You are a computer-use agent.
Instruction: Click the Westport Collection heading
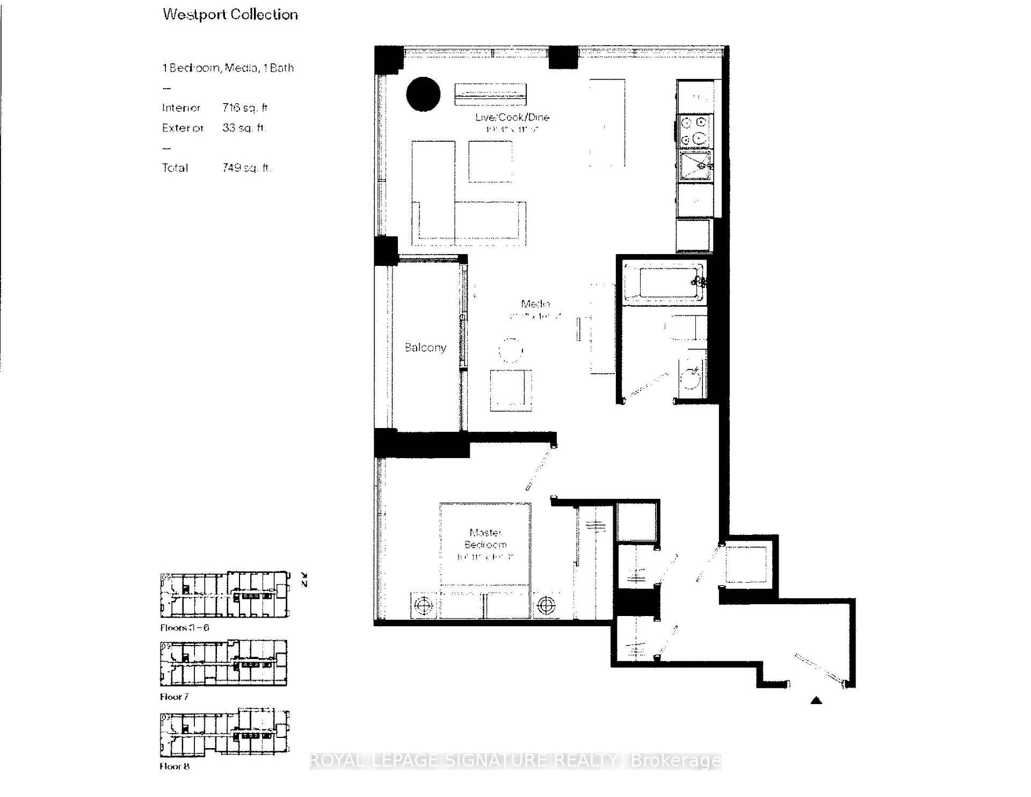pyautogui.click(x=230, y=15)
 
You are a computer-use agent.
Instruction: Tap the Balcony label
pyautogui.click(x=425, y=347)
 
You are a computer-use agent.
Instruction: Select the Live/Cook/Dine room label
pyautogui.click(x=512, y=117)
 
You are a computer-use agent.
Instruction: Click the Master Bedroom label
pyautogui.click(x=485, y=538)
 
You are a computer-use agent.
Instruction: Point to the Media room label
pyautogui.click(x=535, y=303)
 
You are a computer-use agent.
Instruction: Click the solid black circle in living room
pyautogui.click(x=423, y=94)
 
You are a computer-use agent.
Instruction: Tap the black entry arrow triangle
pyautogui.click(x=816, y=700)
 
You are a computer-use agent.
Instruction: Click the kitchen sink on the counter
pyautogui.click(x=695, y=166)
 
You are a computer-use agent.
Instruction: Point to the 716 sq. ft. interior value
pyautogui.click(x=245, y=108)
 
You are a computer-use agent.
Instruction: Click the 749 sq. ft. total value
pyautogui.click(x=246, y=168)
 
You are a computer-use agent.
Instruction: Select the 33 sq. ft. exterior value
pyautogui.click(x=244, y=128)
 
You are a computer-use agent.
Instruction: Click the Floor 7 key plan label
pyautogui.click(x=174, y=697)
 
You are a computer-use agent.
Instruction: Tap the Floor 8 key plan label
pyautogui.click(x=175, y=766)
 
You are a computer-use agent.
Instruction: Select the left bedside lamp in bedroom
pyautogui.click(x=424, y=605)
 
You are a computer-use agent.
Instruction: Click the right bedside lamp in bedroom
pyautogui.click(x=546, y=605)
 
